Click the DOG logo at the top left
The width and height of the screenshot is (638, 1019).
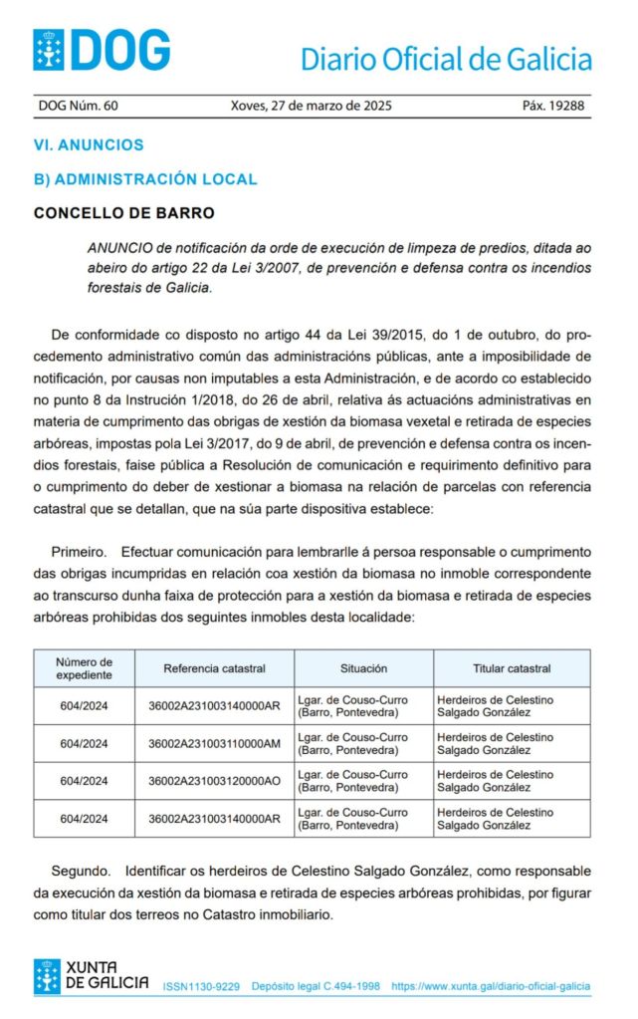[x=101, y=49]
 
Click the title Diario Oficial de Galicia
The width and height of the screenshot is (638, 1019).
[x=446, y=59]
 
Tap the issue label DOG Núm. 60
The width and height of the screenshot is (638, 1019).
[x=78, y=106]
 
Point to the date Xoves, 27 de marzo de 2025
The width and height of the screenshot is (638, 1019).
[x=311, y=106]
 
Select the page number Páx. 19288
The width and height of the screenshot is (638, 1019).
[x=553, y=106]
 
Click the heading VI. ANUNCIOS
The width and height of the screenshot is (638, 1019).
[x=89, y=144]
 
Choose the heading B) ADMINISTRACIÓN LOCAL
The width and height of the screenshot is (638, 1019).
[x=145, y=179]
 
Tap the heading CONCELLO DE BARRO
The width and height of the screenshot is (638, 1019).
[x=123, y=213]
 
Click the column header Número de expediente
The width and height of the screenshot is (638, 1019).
[x=84, y=667]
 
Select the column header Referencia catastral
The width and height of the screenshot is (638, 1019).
[x=214, y=668]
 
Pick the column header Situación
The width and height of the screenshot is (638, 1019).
[x=363, y=668]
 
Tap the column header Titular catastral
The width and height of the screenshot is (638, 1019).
[x=512, y=668]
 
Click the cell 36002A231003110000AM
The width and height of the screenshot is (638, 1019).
[x=214, y=743]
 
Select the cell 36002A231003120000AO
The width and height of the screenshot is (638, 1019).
[x=214, y=781]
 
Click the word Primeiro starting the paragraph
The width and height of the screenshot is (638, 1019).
[x=78, y=551]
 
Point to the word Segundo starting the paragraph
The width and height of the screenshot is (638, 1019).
[x=79, y=871]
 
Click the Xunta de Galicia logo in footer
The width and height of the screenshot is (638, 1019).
[x=91, y=975]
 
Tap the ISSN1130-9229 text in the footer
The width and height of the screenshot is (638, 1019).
[x=201, y=986]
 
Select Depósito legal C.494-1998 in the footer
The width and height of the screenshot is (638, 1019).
[x=316, y=986]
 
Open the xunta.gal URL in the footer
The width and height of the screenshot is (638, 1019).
[x=491, y=986]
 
